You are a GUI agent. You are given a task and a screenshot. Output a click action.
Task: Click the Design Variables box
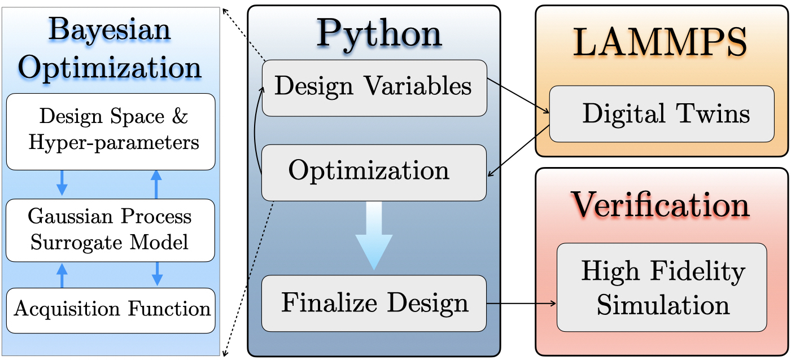[x=374, y=87]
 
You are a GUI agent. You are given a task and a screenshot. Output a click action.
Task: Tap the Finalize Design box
[x=374, y=303]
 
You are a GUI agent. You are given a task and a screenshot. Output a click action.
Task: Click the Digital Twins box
[x=661, y=114]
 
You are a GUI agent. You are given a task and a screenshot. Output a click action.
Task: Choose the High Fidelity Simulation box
[x=661, y=287]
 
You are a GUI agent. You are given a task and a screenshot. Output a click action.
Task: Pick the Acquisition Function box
[x=111, y=310]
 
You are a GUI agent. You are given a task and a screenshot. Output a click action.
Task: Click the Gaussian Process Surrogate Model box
[x=111, y=230]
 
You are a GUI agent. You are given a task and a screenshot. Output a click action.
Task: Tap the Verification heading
[x=660, y=204]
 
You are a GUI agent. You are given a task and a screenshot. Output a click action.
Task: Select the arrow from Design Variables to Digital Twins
[x=518, y=95]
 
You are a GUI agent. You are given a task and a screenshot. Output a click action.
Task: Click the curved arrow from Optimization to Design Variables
[x=255, y=130]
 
